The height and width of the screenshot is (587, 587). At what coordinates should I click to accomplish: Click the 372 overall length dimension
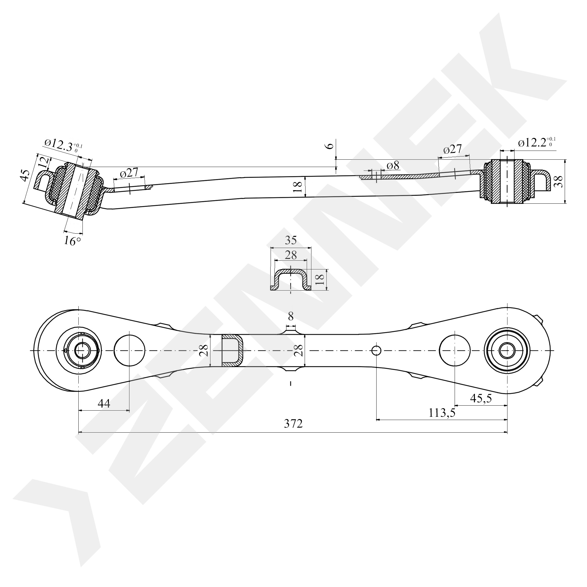click(293, 423)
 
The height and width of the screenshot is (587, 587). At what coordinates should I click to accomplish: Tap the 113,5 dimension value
click(442, 413)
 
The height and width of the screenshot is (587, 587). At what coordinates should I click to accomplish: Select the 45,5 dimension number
click(481, 398)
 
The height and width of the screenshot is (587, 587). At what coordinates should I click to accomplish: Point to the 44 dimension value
click(104, 404)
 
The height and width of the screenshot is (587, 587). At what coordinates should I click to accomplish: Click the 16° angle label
click(72, 241)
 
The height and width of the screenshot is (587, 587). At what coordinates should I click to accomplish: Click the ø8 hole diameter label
click(393, 166)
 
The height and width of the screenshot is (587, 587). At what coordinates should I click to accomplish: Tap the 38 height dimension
click(560, 181)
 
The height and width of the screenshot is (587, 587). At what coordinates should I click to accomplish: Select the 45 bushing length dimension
click(26, 175)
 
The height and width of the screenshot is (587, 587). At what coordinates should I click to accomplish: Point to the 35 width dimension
click(291, 240)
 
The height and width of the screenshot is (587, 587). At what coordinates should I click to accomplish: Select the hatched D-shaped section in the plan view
click(232, 350)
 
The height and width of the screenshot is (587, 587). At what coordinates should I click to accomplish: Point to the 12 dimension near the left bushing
click(44, 163)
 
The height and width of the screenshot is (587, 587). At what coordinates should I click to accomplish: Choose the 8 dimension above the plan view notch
click(291, 317)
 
